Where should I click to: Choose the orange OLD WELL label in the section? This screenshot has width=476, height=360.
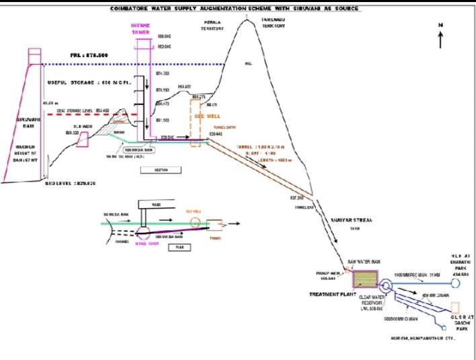204,114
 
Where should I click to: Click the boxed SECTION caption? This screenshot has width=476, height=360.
160,170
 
